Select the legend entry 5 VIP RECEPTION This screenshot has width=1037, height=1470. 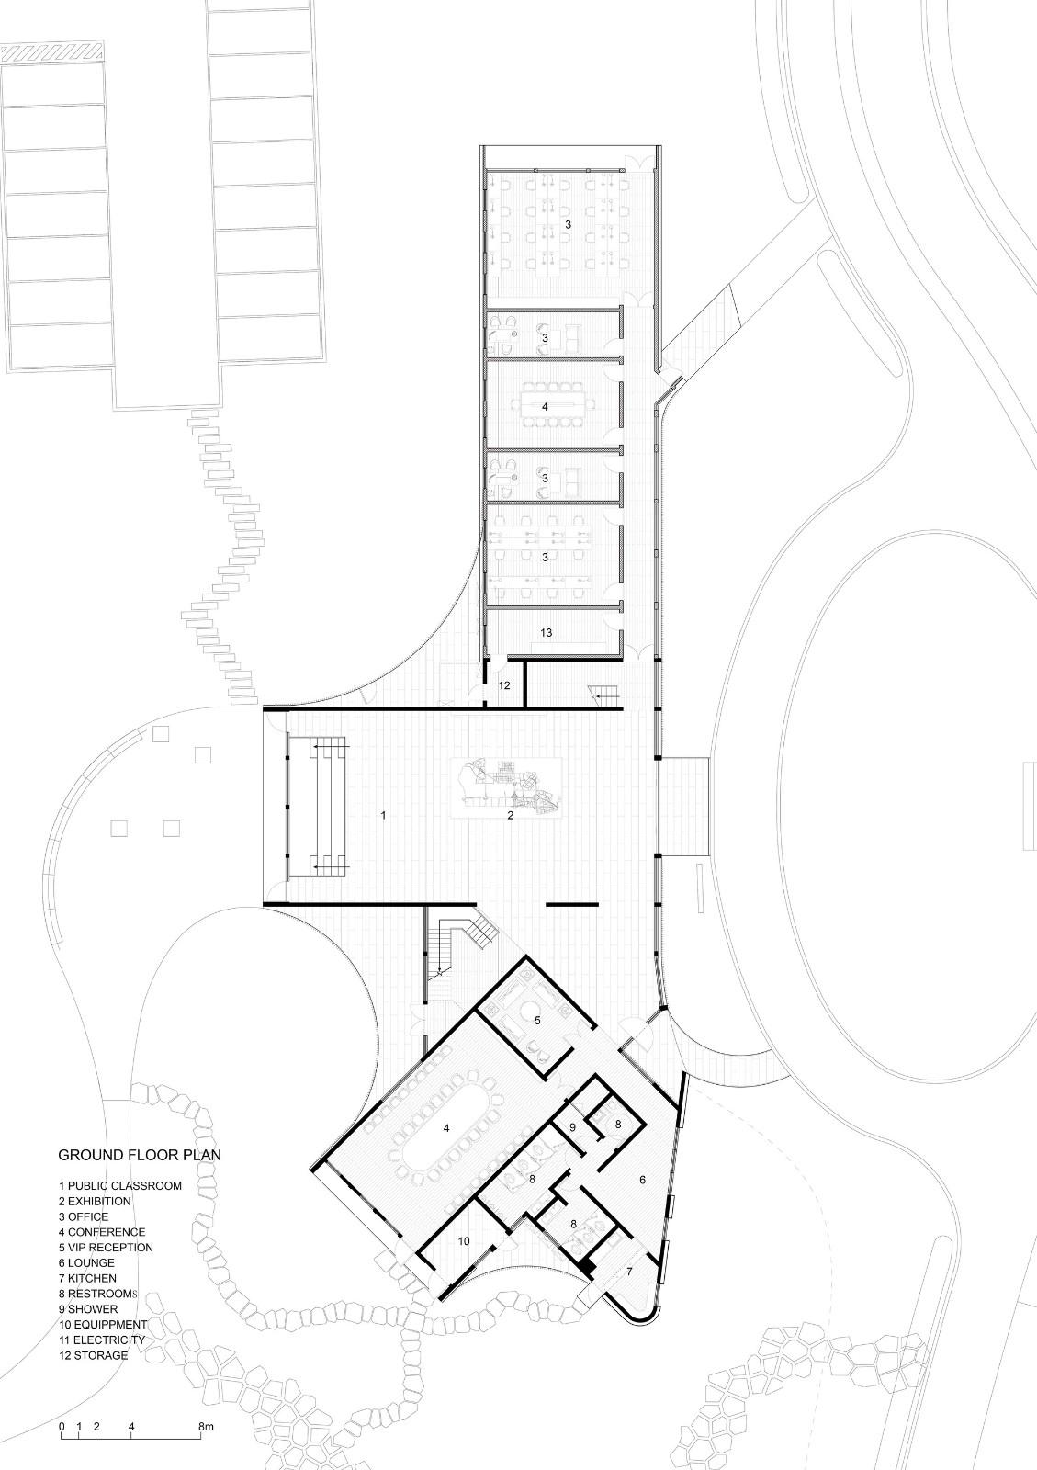(x=106, y=1248)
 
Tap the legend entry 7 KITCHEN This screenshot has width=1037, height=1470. (x=87, y=1278)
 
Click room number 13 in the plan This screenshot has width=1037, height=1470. (x=547, y=633)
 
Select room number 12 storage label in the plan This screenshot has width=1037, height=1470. (x=504, y=685)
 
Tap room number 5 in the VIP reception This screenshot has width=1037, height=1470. (x=537, y=1021)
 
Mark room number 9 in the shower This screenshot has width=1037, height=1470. (x=572, y=1127)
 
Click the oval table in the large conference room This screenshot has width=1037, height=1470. (x=446, y=1129)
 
